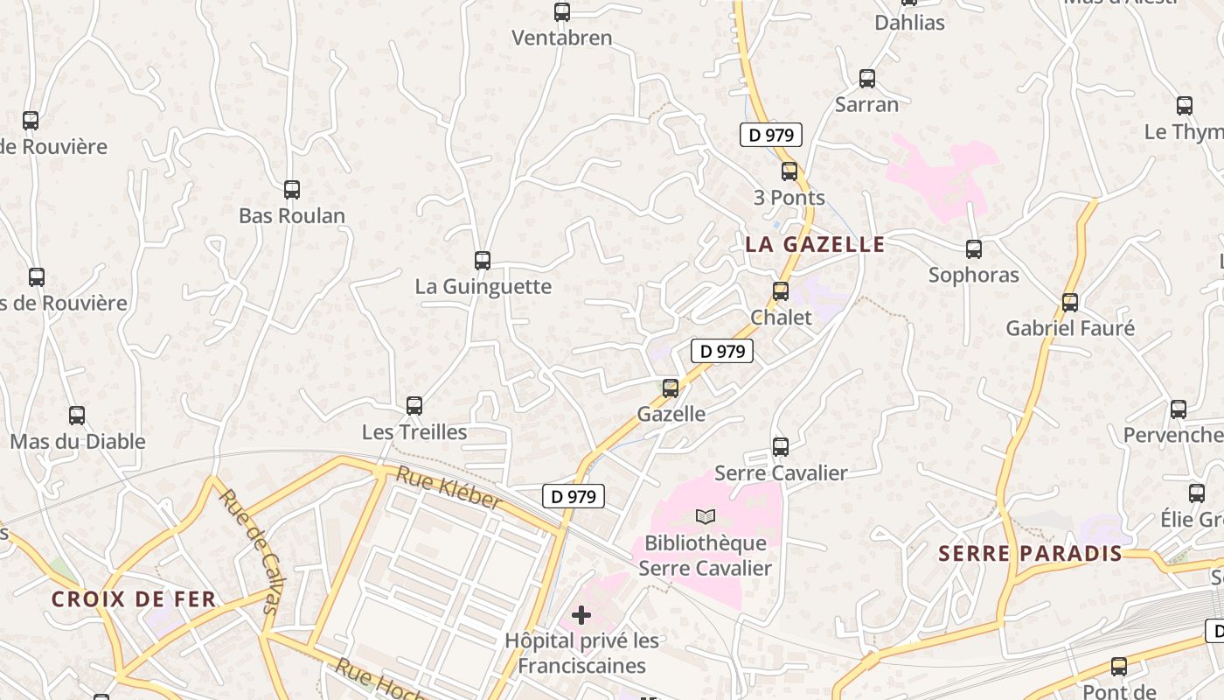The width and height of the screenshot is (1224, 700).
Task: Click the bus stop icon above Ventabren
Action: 562,12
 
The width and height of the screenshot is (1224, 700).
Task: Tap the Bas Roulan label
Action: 292,215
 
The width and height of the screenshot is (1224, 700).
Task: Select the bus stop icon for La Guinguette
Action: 482,260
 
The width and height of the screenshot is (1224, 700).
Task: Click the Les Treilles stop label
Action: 414,432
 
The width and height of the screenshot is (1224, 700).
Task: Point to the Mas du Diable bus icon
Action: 77,416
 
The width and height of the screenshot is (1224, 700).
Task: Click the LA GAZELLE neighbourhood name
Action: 815,244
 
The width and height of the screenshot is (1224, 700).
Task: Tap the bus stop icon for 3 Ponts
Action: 789,171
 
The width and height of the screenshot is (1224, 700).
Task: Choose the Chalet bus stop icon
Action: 781,291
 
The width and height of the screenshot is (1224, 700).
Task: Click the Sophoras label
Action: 973,275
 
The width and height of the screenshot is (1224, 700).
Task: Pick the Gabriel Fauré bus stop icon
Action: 1070,303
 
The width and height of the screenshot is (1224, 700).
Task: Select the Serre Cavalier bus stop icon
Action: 781,447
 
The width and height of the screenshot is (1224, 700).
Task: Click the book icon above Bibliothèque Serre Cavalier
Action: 706,516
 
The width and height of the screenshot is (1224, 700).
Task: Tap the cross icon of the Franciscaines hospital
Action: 581,615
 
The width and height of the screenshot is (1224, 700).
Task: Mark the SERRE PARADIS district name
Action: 1030,553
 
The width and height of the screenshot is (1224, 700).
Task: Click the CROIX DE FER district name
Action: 133,599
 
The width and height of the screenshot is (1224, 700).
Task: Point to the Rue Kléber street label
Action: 449,488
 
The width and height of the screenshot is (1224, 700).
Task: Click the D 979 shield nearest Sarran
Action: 770,135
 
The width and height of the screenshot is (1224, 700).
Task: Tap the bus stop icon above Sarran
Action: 867,79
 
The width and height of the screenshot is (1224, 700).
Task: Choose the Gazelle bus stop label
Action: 671,414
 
